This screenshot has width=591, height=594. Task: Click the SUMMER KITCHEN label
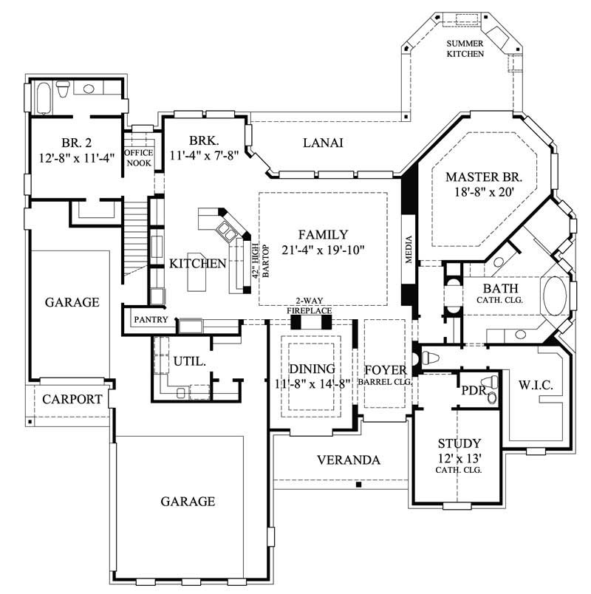click(465, 49)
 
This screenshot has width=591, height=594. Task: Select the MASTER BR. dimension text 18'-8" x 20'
click(484, 193)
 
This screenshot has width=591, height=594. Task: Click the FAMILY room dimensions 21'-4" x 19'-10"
click(323, 250)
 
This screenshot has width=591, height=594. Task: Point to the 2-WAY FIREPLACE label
click(310, 307)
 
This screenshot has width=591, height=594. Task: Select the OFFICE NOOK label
click(138, 158)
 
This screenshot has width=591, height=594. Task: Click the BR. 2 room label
click(77, 143)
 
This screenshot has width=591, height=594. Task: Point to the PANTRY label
click(151, 320)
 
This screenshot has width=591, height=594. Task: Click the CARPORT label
click(72, 400)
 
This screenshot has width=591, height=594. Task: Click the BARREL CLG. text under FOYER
click(383, 383)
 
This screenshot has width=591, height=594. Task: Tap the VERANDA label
click(348, 460)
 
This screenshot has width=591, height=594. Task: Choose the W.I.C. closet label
click(536, 385)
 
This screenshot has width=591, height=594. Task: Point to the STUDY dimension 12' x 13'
click(460, 457)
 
